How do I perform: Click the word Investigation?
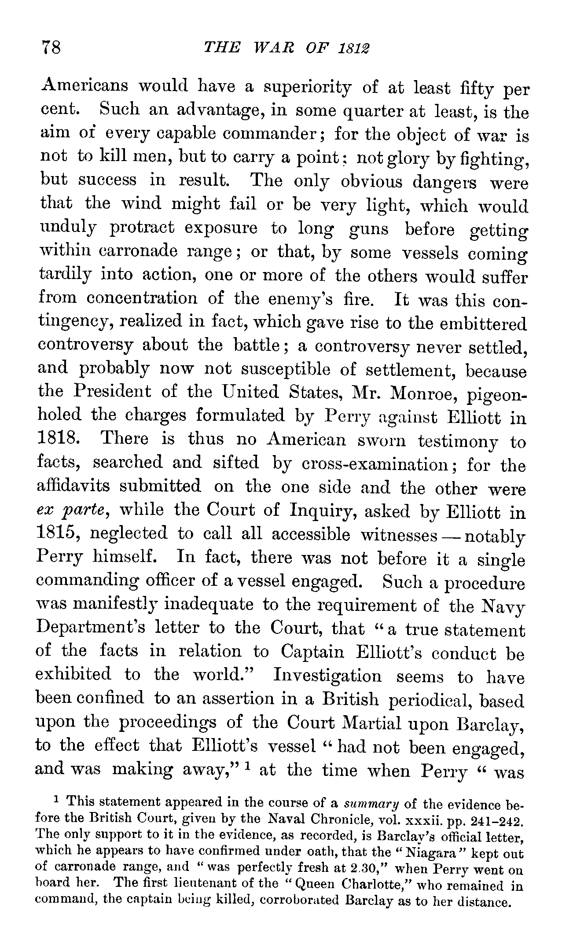[x=328, y=675]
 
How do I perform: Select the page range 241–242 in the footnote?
[x=495, y=821]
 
